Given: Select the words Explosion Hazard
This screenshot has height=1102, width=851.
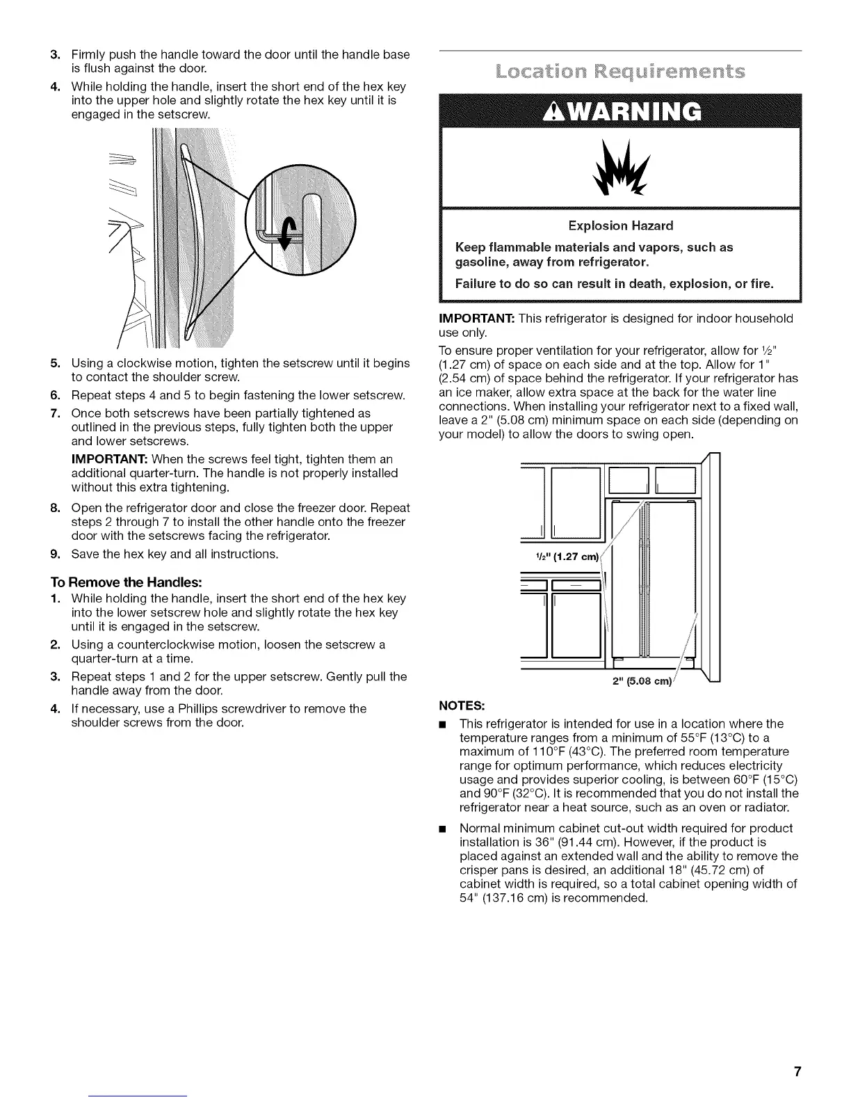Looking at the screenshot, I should point(620,225).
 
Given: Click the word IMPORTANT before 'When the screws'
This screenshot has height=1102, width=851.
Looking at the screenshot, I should point(109,459).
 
